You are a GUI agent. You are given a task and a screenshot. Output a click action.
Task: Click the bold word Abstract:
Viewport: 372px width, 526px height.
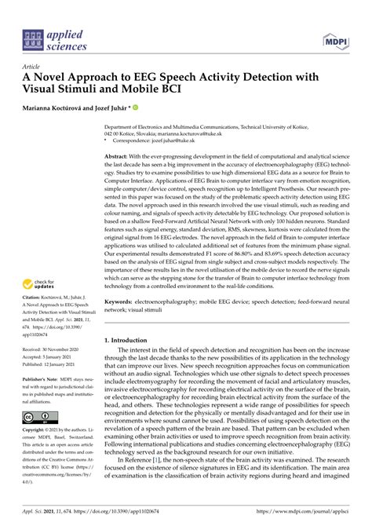click(x=119, y=135)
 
